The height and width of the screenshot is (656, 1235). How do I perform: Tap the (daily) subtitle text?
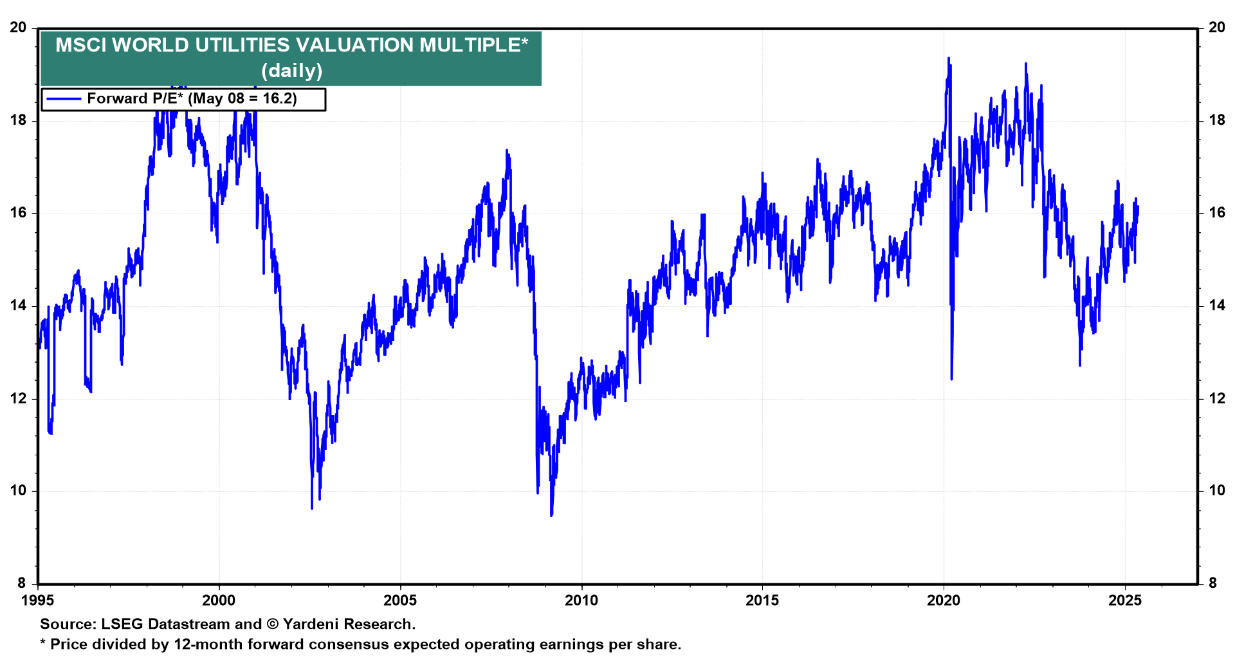point(291,70)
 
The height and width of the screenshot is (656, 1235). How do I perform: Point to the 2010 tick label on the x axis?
point(581,601)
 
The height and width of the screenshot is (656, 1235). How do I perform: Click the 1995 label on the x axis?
point(38,601)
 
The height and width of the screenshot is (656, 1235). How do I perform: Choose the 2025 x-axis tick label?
point(1125,601)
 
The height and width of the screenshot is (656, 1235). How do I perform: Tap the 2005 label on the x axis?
point(399,601)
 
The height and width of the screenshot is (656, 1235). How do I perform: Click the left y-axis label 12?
point(18,399)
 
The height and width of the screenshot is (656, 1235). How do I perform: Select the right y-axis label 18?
point(1217,120)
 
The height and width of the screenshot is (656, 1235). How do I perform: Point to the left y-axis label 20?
point(18,28)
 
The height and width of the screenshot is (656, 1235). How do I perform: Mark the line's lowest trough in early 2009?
point(551,515)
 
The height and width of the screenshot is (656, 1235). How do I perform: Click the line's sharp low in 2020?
point(951,379)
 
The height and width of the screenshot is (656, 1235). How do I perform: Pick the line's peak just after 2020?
point(948,58)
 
